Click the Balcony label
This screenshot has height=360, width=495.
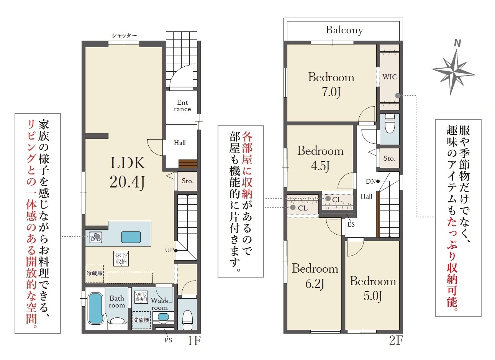coord(344,30)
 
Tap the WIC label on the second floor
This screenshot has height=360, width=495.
coord(390,77)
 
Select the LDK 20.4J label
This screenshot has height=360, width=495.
coord(128,172)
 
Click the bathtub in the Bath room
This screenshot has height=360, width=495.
coord(96,309)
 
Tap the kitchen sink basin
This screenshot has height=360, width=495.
coord(131,237)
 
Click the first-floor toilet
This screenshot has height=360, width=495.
coord(188,320)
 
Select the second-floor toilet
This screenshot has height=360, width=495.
coord(390,123)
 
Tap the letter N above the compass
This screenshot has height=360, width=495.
coord(457,43)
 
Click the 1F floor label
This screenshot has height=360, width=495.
coord(194,341)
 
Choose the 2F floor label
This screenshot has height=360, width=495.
coord(396,341)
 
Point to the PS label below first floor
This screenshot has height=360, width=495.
coord(169,340)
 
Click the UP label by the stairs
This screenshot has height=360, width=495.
coord(169,250)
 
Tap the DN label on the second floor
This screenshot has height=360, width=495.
coord(371,182)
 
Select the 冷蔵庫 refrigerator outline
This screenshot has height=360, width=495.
coord(95,274)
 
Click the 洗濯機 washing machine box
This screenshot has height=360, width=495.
coord(141,320)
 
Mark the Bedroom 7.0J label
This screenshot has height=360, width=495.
coord(331,84)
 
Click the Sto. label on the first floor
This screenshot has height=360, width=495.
coord(188,181)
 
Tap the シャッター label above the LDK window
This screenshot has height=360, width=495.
coord(124,35)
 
